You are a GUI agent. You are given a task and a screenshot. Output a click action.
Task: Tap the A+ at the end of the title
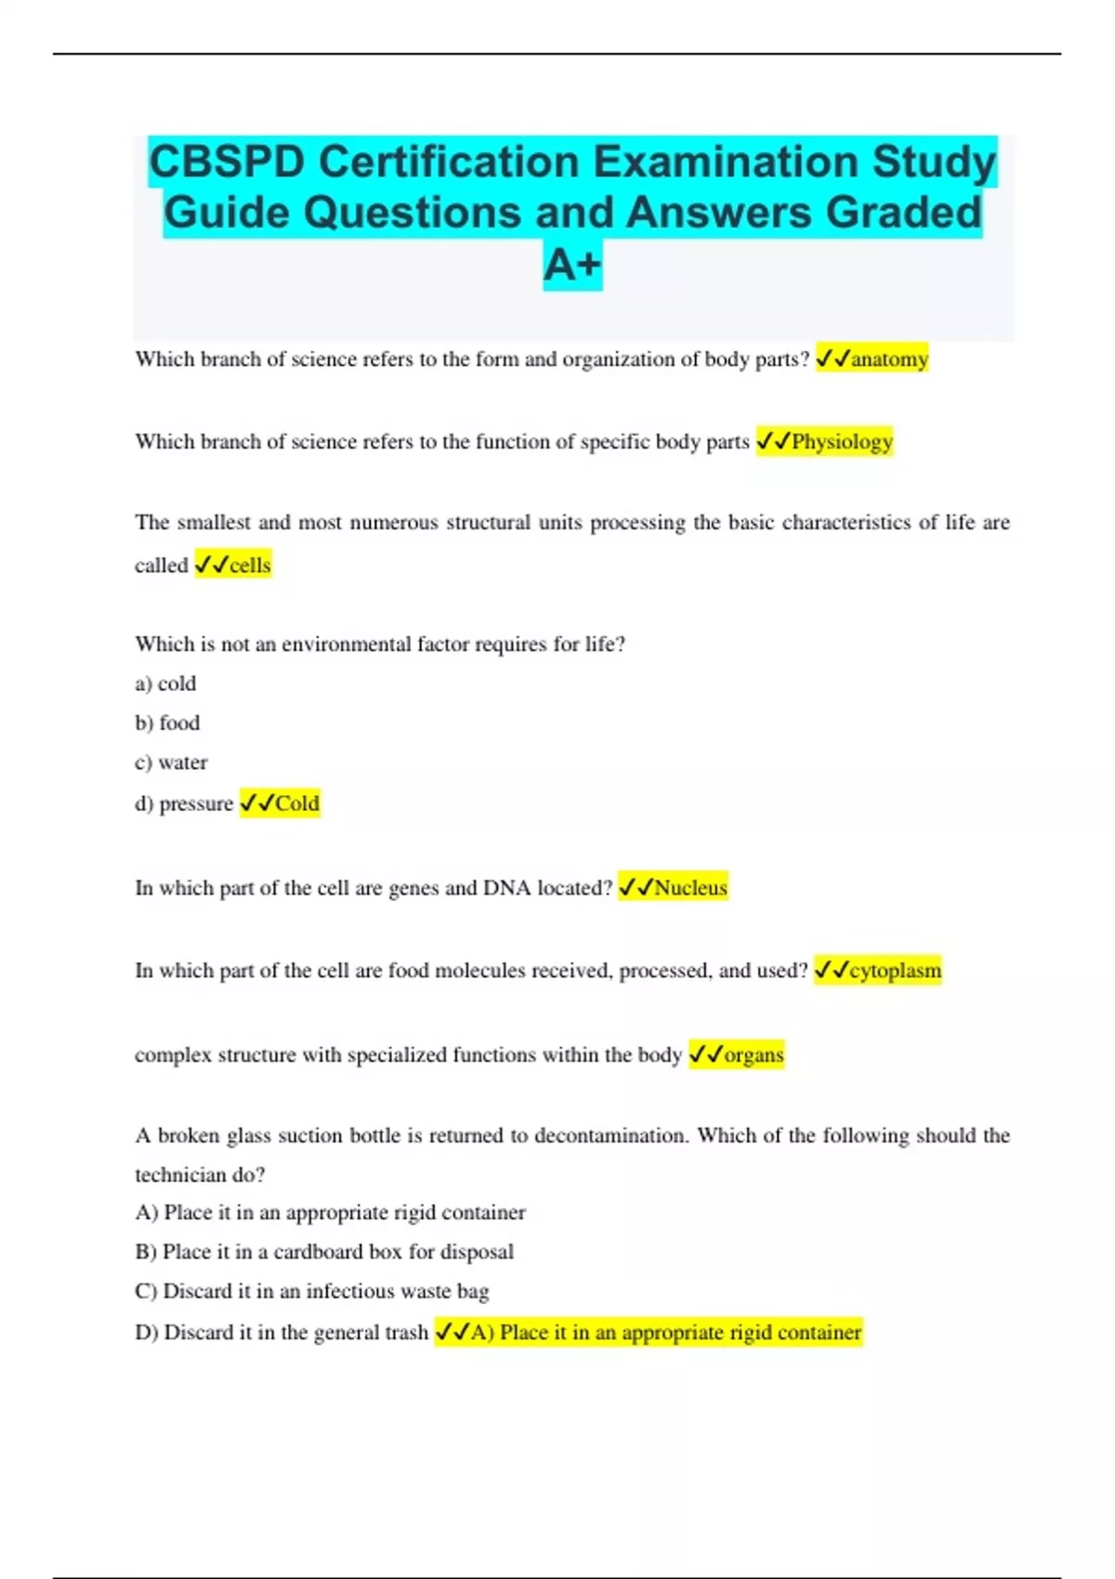(x=572, y=265)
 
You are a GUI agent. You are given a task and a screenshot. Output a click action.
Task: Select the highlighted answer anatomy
(x=888, y=359)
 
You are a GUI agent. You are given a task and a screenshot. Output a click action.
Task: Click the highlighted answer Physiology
(x=841, y=441)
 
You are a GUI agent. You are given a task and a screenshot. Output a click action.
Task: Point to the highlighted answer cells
(x=249, y=565)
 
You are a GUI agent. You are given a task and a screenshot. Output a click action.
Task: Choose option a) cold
(x=165, y=684)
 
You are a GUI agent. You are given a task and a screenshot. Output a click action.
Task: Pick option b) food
(x=167, y=723)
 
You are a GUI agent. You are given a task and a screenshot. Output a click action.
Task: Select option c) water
(x=171, y=763)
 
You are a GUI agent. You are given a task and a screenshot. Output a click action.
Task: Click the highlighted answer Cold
(x=296, y=803)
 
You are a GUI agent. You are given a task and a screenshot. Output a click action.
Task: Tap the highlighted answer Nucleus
(x=689, y=888)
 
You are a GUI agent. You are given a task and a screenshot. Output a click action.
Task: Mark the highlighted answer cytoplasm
(x=894, y=971)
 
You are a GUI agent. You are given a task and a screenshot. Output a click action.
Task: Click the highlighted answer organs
(x=753, y=1055)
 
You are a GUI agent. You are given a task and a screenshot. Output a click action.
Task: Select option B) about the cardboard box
(x=324, y=1252)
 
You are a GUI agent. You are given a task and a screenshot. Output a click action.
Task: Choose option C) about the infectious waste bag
(x=312, y=1291)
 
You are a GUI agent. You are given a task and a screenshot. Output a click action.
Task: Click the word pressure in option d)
(x=196, y=803)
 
